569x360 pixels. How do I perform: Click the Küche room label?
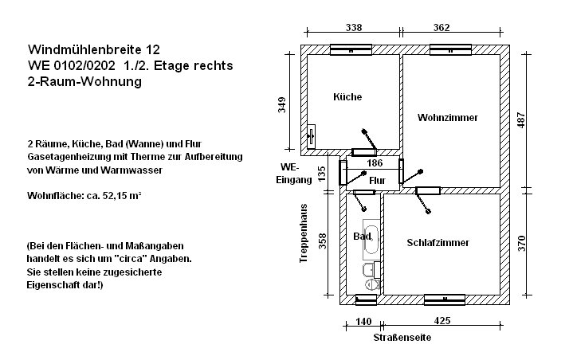[x=347, y=97]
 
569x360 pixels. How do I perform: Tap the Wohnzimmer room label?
[x=447, y=117]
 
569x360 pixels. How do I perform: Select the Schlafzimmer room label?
[x=438, y=243]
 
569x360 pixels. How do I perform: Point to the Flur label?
[x=377, y=180]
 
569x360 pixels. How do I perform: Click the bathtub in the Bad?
[x=371, y=239]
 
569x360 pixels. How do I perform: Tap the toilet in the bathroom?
[x=371, y=285]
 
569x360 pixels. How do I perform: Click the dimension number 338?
[x=354, y=28]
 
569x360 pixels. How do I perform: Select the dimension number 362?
[x=441, y=28]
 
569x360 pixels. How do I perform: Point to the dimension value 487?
[x=521, y=120]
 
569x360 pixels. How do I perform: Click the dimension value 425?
[x=442, y=320]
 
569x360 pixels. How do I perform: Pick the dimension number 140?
[x=363, y=322]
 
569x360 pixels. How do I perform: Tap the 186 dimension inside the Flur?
[x=375, y=163]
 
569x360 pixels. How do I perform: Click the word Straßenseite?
[x=402, y=338]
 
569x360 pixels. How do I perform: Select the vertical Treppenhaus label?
[x=304, y=233]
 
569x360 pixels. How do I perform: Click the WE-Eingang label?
[x=294, y=174]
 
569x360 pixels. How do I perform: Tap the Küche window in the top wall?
[x=351, y=49]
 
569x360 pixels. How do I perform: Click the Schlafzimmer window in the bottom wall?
[x=445, y=299]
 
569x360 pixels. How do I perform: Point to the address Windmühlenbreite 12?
[x=94, y=49]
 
